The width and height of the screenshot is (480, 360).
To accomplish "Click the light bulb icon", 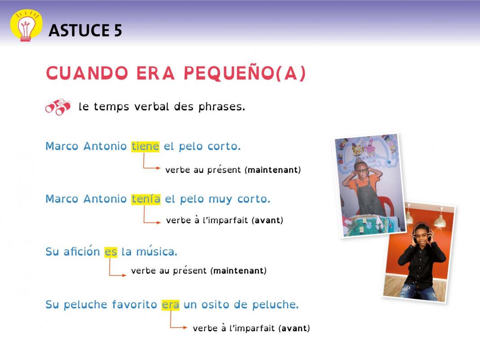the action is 26,26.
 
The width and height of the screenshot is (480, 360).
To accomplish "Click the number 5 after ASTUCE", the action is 118,30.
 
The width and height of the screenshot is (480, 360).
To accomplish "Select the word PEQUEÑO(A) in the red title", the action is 245,73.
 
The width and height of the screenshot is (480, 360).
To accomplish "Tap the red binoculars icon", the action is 58,107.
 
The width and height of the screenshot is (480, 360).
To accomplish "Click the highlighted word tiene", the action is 145,146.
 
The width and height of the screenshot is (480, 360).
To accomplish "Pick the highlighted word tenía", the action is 146,198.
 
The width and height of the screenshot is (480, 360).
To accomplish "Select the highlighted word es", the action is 111,252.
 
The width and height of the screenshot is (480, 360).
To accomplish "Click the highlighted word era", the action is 170,305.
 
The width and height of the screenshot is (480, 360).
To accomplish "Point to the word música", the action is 157,252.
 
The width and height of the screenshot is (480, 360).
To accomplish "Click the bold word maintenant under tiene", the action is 273,170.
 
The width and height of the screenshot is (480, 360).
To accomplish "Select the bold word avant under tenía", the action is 268,220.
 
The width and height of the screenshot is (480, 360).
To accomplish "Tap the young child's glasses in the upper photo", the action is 362,171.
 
